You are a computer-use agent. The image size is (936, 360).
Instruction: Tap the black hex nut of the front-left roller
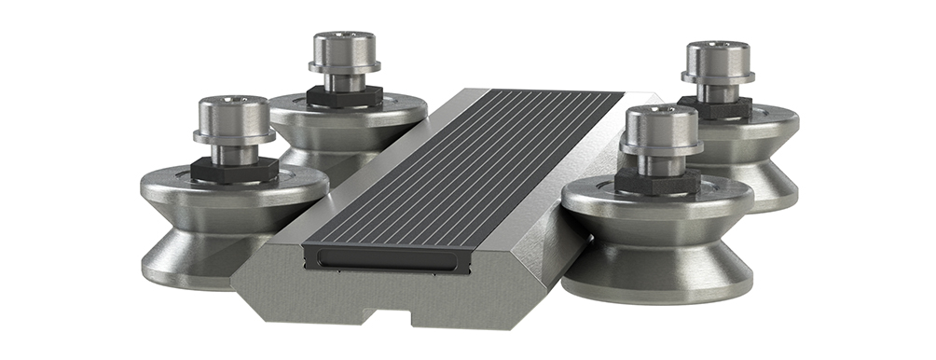pos(234,169)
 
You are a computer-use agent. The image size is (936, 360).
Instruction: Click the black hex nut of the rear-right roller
pos(714,105)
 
